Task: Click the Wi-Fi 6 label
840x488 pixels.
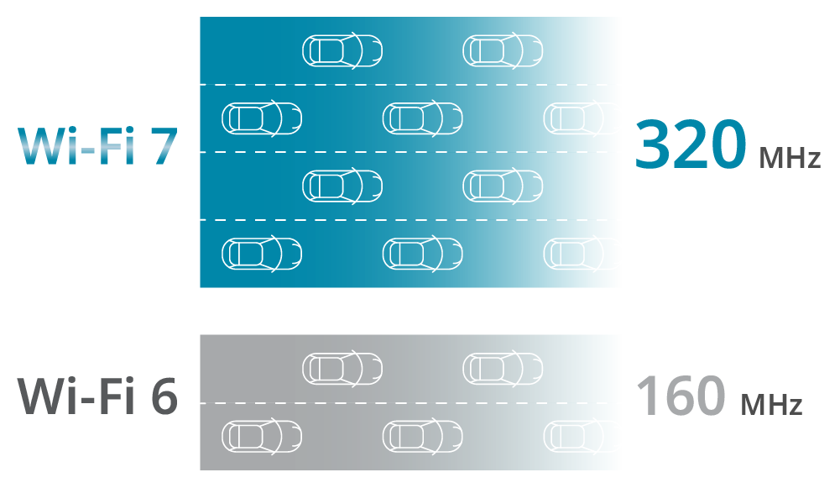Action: click(97, 396)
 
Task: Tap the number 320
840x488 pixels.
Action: click(690, 144)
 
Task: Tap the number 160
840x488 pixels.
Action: click(680, 395)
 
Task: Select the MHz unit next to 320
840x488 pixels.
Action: click(789, 157)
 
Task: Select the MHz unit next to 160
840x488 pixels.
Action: click(771, 406)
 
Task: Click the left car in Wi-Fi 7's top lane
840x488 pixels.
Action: click(342, 50)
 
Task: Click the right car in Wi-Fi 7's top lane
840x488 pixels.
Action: click(503, 50)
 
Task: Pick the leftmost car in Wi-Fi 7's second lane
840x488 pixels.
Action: click(261, 118)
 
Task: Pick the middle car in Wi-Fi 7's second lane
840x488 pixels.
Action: click(422, 118)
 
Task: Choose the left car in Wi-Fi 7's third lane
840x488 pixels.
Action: click(342, 186)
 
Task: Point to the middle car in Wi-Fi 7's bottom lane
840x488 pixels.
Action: click(422, 253)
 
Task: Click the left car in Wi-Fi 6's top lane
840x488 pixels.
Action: click(342, 368)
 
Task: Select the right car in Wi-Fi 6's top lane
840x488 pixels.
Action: click(503, 368)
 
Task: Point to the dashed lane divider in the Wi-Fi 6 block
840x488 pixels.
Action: click(410, 403)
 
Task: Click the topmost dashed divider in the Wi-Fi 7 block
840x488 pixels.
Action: click(410, 85)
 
